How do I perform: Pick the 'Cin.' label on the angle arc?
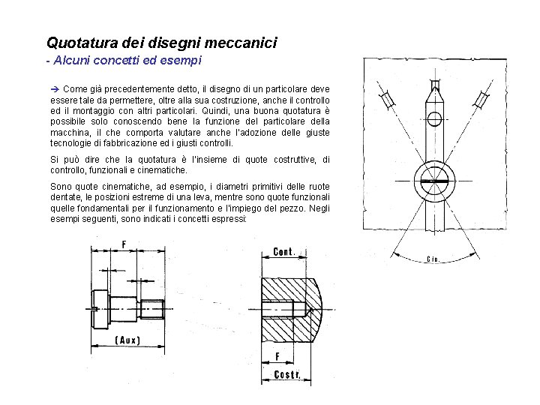coord(433,259)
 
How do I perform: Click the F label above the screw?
coord(124,243)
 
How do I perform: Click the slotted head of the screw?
coord(103,308)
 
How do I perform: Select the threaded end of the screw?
coord(153,308)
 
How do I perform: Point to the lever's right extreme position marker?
coord(481,98)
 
